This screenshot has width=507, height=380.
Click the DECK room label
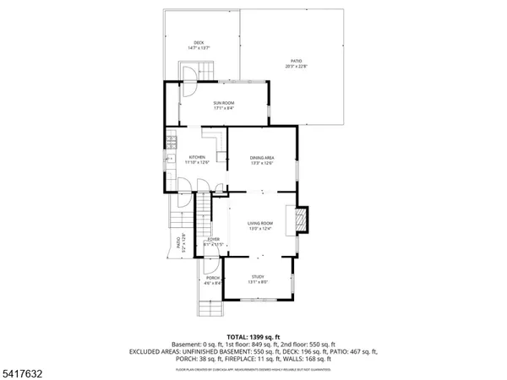pos(199,46)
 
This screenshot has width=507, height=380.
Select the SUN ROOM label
pos(224,105)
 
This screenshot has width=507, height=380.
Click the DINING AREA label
pos(261,160)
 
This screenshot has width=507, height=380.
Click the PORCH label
pos(213,280)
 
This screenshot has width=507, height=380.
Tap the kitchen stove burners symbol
pos(170,143)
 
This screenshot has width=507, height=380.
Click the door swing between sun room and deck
pos(191,80)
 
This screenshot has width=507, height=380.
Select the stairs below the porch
pos(210,307)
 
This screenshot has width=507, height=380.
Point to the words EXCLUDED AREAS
pos(156,352)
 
